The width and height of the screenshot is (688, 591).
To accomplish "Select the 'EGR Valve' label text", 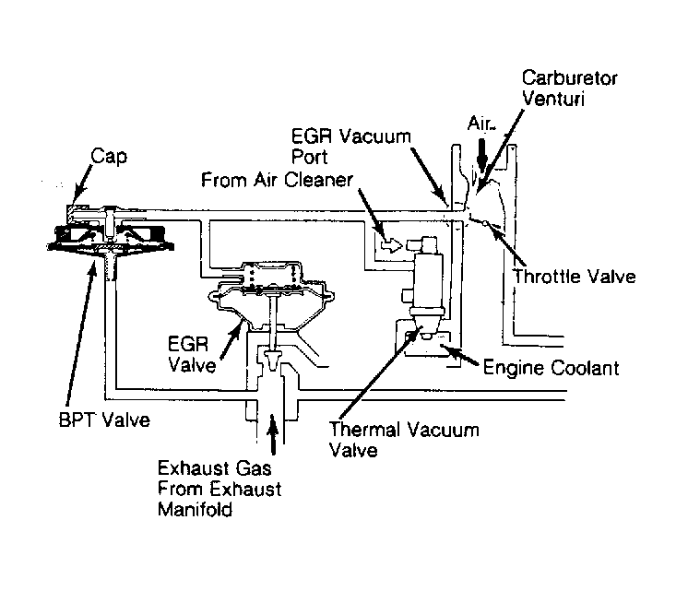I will point(191,352).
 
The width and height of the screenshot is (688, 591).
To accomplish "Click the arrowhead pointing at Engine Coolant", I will point(447,349).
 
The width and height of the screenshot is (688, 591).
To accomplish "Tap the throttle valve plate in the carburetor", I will point(480,221).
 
